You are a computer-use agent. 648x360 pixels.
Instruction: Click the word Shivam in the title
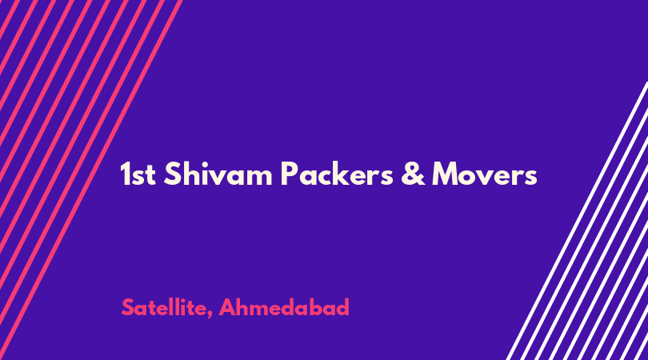[218, 174]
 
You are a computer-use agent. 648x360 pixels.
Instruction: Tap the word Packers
[337, 174]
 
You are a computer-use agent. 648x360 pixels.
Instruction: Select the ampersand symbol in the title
[413, 174]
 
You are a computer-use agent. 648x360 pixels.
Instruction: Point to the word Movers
[484, 174]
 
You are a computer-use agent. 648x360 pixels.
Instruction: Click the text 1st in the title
[138, 174]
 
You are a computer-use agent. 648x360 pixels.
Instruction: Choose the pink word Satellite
[165, 307]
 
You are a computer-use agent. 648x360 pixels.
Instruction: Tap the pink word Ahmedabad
[284, 307]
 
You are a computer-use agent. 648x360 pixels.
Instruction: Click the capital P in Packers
[289, 174]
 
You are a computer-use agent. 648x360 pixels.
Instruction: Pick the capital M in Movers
[446, 174]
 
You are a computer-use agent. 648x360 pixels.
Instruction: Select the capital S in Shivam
[172, 174]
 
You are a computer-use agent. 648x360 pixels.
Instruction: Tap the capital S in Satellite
[128, 307]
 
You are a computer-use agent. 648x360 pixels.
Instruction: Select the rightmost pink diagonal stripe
[91, 180]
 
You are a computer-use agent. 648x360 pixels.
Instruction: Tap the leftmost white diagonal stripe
[577, 221]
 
